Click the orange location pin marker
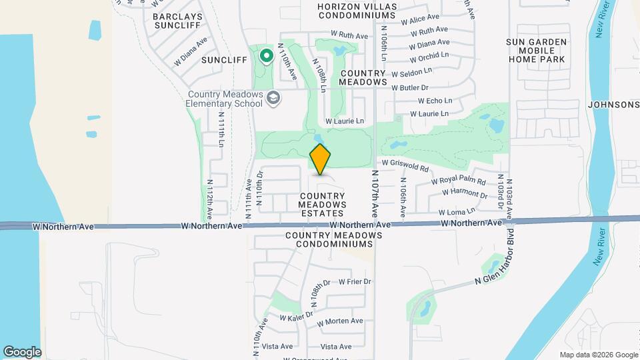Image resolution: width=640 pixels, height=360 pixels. pyautogui.click(x=320, y=160)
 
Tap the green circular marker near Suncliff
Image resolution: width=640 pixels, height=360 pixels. pyautogui.click(x=266, y=56)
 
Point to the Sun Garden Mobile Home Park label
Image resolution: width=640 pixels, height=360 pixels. pyautogui.click(x=536, y=51)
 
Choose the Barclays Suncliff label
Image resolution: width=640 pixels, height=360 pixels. pyautogui.click(x=177, y=21)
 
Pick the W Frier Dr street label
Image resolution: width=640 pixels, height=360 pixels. pyautogui.click(x=354, y=282)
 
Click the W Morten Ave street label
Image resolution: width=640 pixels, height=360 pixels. pyautogui.click(x=340, y=321)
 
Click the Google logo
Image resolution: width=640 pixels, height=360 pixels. pyautogui.click(x=22, y=352)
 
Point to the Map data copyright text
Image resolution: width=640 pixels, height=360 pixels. pyautogui.click(x=598, y=355)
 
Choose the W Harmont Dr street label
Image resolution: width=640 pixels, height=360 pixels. pyautogui.click(x=464, y=194)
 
